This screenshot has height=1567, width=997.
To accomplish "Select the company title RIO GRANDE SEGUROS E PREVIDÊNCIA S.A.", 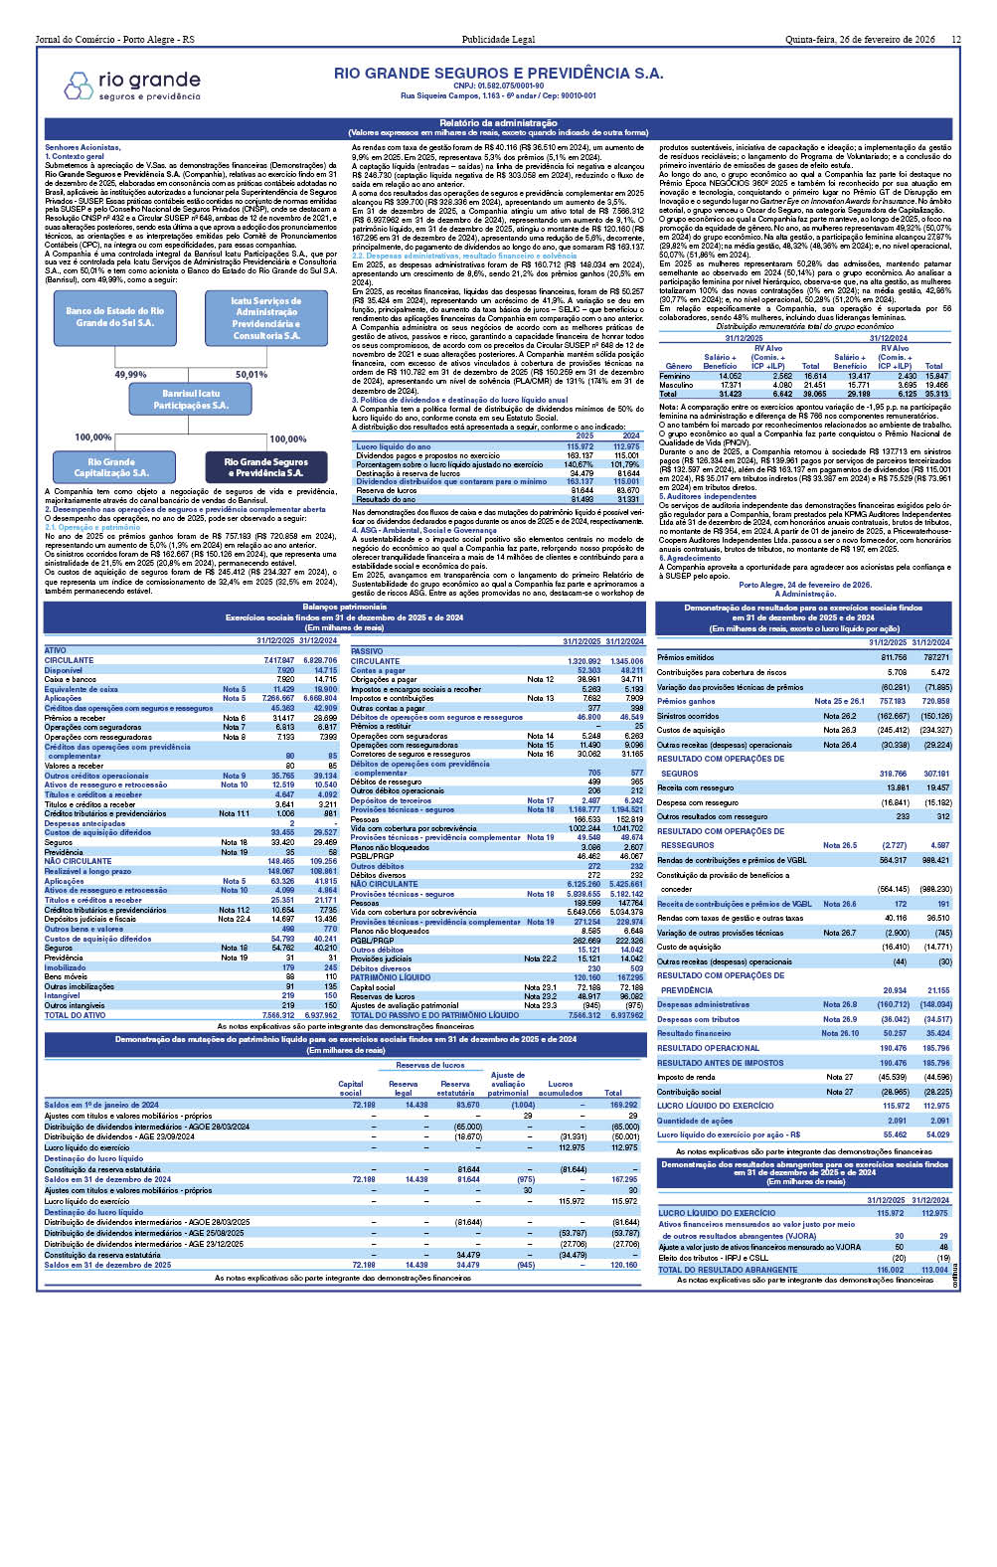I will [498, 74].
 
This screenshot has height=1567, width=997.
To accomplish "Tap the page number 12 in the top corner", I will [955, 40].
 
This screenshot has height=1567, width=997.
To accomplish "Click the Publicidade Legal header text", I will [498, 40].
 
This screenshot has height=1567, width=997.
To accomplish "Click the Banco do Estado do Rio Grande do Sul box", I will [114, 317].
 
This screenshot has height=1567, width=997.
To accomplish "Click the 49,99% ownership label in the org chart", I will [130, 375].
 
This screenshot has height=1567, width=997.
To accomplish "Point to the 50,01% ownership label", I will [250, 375].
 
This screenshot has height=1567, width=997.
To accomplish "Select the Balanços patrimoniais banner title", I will [344, 607].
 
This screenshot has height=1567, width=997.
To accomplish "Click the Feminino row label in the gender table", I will [675, 376].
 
